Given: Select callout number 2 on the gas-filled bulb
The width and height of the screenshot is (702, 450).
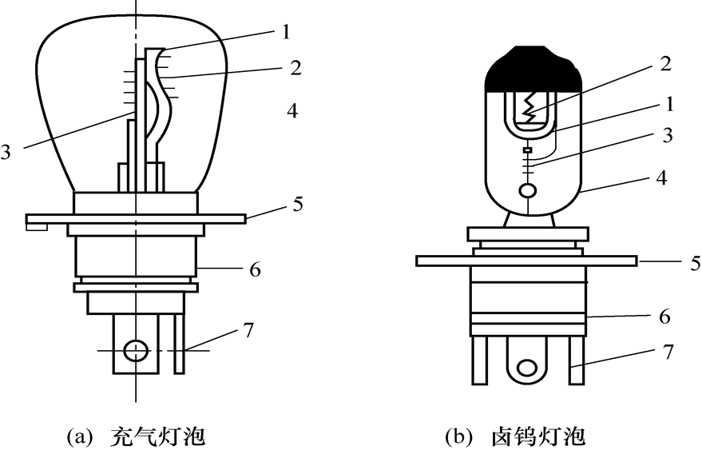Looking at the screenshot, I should pyautogui.click(x=295, y=68).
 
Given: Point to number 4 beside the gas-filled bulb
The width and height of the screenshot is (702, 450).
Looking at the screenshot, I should pyautogui.click(x=292, y=111).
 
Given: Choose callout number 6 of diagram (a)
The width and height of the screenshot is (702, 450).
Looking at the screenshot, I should pyautogui.click(x=255, y=269).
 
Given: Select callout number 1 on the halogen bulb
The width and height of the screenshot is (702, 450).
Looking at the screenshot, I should pyautogui.click(x=669, y=105).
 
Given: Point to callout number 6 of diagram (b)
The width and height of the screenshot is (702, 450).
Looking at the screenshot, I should pyautogui.click(x=666, y=317).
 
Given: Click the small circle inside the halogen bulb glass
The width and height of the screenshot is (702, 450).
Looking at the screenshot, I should pyautogui.click(x=527, y=191).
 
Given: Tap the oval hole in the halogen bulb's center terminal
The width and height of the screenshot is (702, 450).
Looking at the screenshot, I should pyautogui.click(x=526, y=368).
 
